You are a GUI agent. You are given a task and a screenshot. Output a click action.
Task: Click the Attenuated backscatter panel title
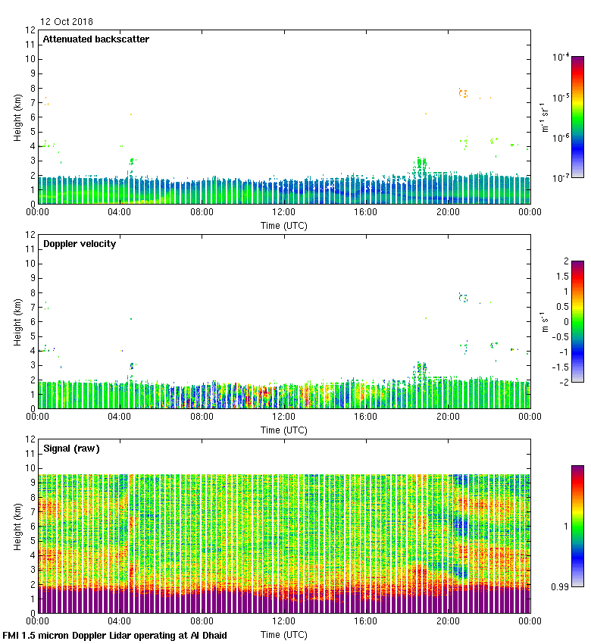click(95, 39)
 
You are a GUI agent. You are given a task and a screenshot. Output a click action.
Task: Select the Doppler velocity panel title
click(80, 244)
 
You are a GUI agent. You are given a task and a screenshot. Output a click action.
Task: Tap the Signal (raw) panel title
click(71, 449)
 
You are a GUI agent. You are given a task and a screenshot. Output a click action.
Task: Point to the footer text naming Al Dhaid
click(114, 635)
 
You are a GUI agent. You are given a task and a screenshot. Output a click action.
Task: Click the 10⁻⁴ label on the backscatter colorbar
click(561, 57)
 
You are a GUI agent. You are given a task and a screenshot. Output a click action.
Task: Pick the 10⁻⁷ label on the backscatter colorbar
click(561, 178)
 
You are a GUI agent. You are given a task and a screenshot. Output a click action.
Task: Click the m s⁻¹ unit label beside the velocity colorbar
click(544, 322)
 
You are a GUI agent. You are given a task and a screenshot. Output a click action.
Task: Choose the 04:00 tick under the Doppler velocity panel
click(120, 417)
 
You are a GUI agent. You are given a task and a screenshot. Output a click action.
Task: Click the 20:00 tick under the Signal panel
click(448, 621)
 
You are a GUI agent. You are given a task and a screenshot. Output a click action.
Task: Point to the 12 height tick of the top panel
click(31, 30)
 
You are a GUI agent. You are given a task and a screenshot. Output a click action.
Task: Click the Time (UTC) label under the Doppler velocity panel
click(284, 430)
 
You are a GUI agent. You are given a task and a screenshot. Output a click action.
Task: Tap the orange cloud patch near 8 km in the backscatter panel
click(463, 93)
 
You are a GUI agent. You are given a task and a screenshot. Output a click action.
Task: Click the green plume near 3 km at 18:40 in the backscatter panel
click(421, 164)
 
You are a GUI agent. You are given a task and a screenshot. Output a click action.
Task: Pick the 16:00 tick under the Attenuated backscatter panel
click(366, 212)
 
